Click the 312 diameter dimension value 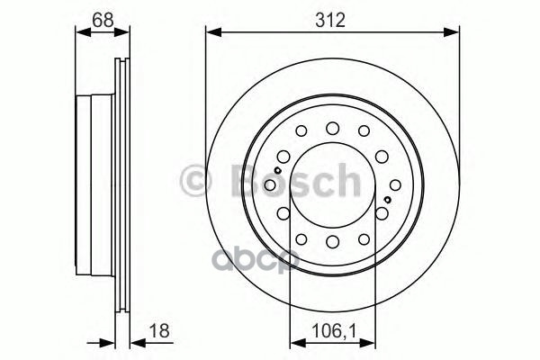tap(332, 19)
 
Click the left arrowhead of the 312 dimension tap(211, 33)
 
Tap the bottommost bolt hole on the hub tap(332, 241)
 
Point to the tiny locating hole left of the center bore tap(280, 169)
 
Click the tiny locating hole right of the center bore tap(386, 199)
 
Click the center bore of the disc tap(332, 184)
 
